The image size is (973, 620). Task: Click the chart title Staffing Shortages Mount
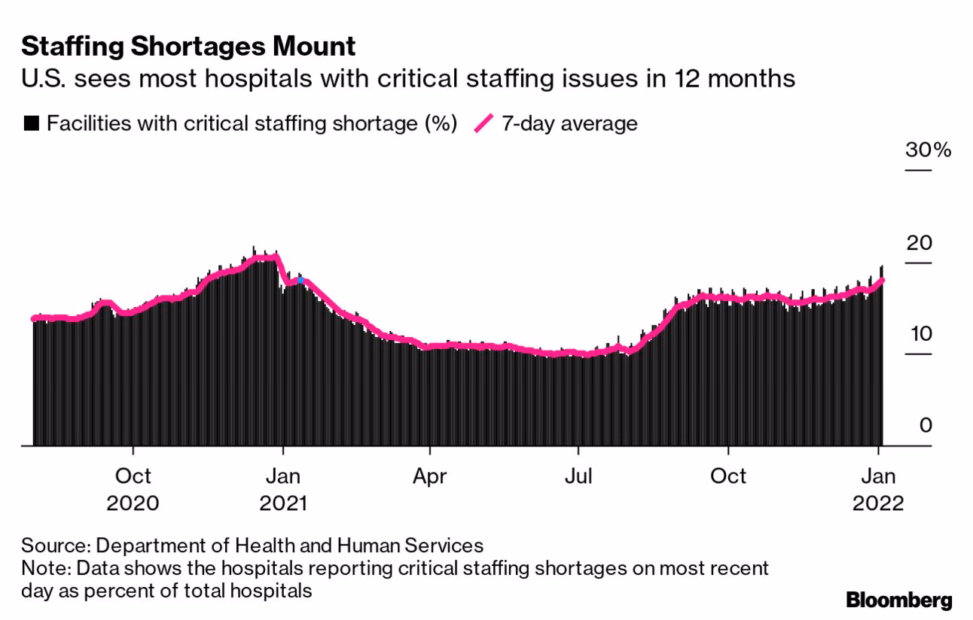(x=188, y=47)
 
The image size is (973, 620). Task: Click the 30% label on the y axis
(x=928, y=150)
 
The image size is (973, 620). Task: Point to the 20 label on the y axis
(x=920, y=243)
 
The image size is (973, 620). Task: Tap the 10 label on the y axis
(x=920, y=334)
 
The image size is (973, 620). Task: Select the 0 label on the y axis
(x=926, y=426)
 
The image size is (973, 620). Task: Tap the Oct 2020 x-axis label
(x=133, y=488)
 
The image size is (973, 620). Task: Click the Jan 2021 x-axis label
(x=282, y=488)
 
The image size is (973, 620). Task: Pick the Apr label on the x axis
(x=429, y=476)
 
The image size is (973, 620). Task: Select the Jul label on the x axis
(x=578, y=476)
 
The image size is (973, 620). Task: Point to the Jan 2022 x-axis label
(x=878, y=488)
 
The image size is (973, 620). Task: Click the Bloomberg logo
(x=898, y=600)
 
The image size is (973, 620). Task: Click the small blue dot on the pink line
(x=300, y=280)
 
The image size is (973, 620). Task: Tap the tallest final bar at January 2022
(x=882, y=354)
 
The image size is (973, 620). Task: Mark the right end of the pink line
(x=883, y=280)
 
